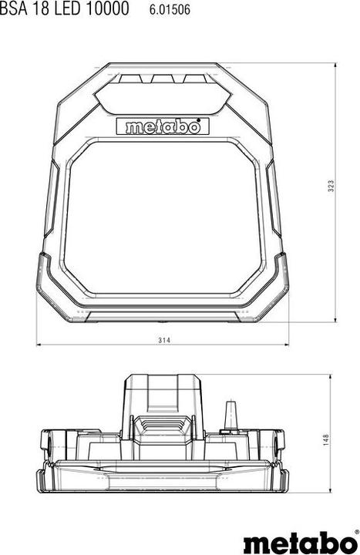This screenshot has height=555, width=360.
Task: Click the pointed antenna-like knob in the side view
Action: click(x=230, y=415)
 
